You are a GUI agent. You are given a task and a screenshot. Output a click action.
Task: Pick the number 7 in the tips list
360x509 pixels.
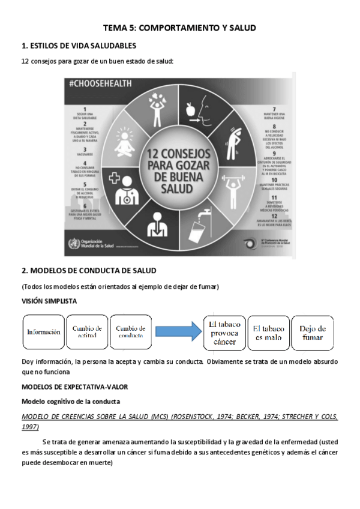tap(274, 109)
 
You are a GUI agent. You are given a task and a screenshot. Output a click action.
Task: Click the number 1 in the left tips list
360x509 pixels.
tap(85, 109)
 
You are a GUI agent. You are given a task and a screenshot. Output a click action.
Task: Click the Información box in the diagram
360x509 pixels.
tap(44, 331)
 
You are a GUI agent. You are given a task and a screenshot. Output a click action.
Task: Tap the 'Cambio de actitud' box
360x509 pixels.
tap(87, 331)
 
